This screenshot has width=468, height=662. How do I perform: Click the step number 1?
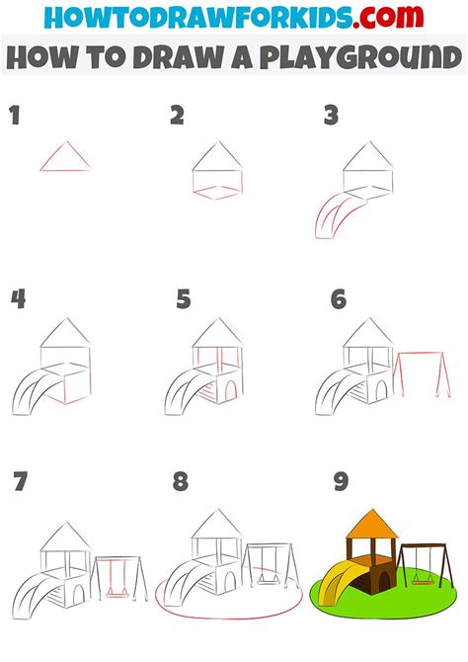pos(15,117)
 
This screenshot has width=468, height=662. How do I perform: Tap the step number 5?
pos(183,298)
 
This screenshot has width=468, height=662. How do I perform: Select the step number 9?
pos(340,483)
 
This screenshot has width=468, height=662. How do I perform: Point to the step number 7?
pos(20,483)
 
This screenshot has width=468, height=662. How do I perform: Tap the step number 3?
pos(331,117)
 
